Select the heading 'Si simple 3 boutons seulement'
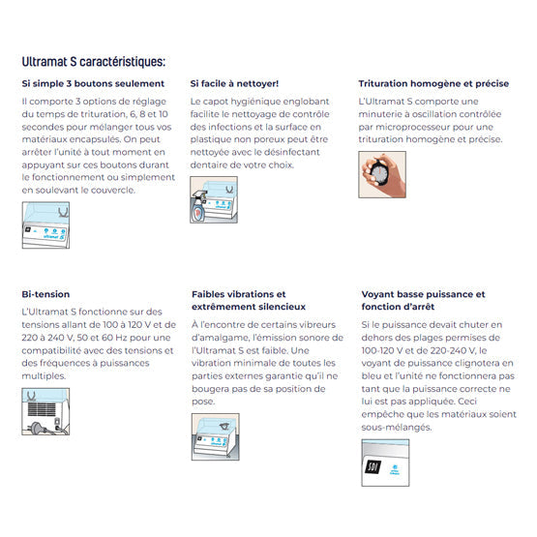[93, 84]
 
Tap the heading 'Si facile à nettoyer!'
[235, 84]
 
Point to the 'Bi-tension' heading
[45, 294]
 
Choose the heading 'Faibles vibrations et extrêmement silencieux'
[239, 300]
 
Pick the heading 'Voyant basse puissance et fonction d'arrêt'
[423, 300]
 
